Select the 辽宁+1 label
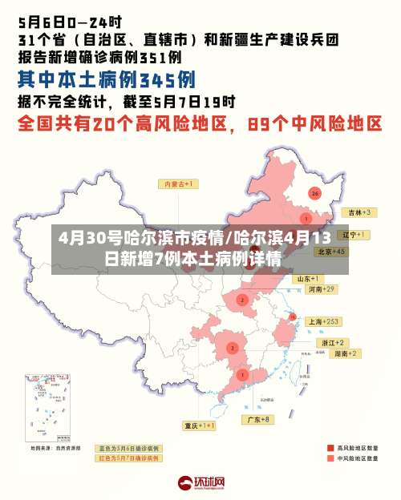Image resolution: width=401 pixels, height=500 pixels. (353, 235)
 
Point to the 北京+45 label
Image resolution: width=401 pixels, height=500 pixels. (331, 252)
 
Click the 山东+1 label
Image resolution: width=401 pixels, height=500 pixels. (306, 278)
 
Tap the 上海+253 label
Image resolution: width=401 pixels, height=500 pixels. (326, 321)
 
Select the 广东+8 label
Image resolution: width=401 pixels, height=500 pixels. (259, 419)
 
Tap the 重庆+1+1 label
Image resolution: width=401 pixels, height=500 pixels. (200, 425)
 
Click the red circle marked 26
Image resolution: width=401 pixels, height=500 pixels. (315, 193)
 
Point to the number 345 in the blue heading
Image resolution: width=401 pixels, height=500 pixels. (167, 79)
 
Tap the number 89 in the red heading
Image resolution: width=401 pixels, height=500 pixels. (266, 125)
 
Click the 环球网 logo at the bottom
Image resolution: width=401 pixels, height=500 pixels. (200, 483)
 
